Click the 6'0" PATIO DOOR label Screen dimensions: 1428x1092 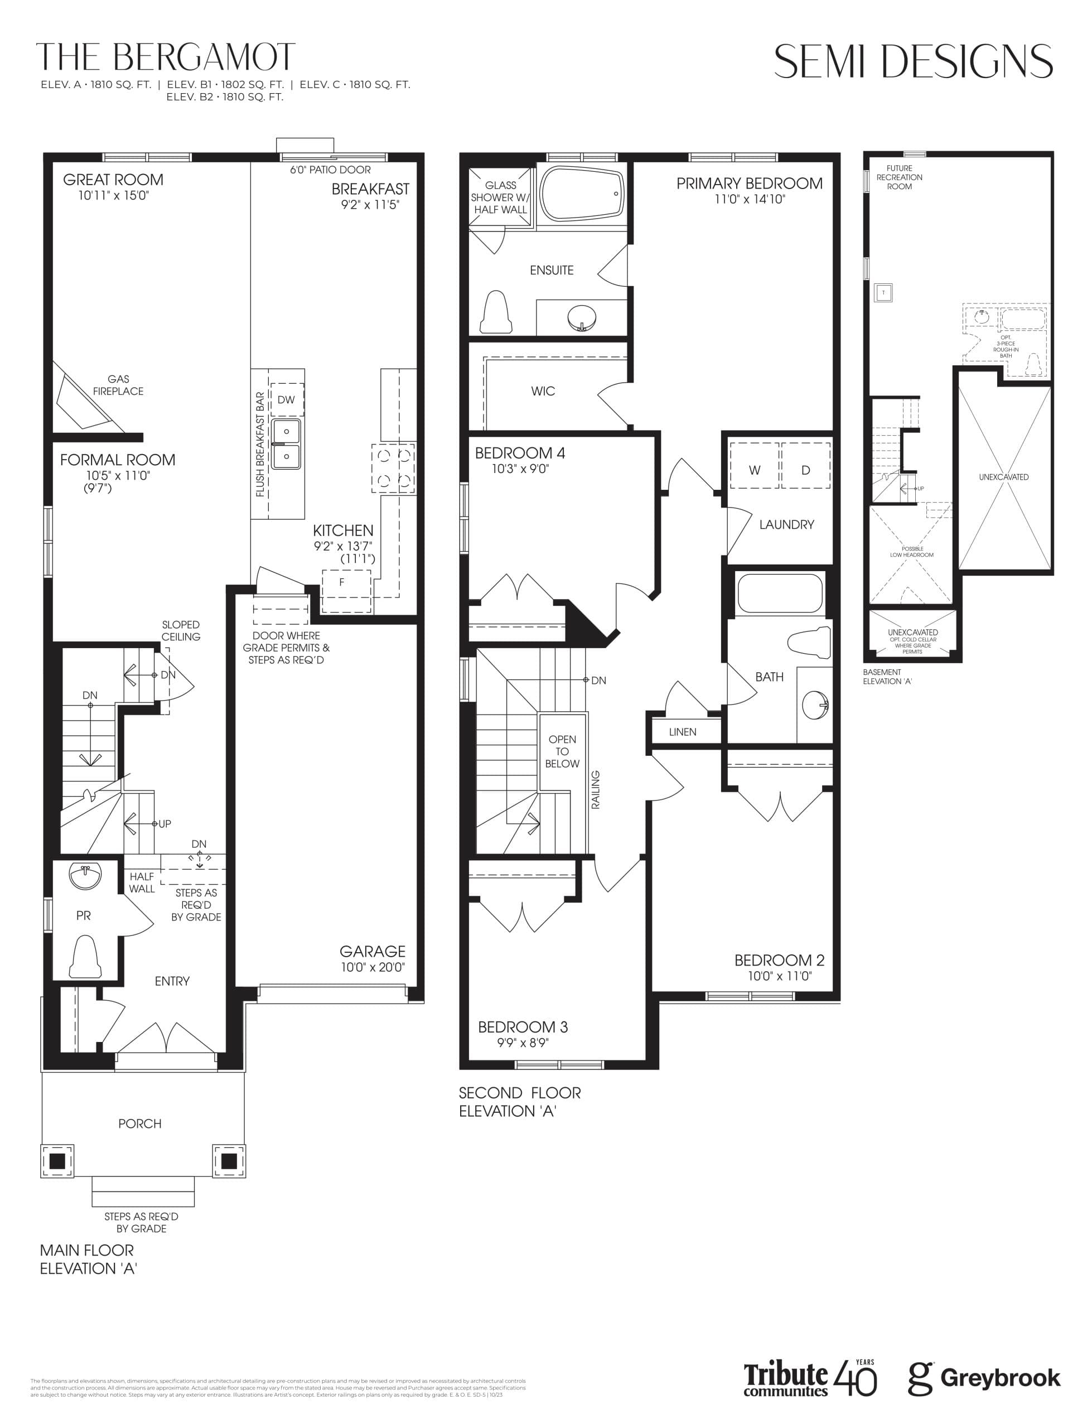[x=330, y=170]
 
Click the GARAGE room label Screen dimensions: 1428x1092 [x=373, y=952]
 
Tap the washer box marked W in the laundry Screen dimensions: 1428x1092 [x=754, y=470]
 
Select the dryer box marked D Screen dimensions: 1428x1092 [x=805, y=470]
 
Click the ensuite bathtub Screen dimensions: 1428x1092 [x=582, y=193]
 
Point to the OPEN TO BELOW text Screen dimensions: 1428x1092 [x=562, y=751]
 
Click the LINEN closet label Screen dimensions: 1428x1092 [x=683, y=732]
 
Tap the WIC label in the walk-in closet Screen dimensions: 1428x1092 [x=543, y=391]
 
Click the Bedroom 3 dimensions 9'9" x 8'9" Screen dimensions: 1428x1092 [x=523, y=1043]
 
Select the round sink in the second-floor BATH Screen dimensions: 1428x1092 [x=815, y=705]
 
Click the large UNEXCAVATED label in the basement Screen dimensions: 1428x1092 [x=1003, y=477]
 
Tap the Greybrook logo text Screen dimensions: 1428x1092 [x=1000, y=1378]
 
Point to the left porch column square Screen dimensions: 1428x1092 [x=57, y=1160]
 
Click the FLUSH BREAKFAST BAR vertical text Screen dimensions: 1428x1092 [x=260, y=444]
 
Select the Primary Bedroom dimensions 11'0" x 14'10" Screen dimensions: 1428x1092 [x=750, y=200]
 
